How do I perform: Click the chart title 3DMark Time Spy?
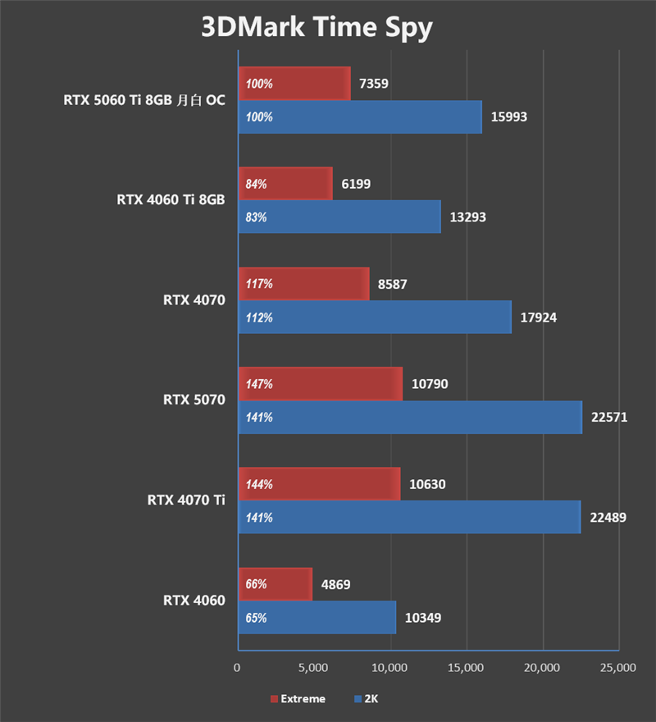point(317,27)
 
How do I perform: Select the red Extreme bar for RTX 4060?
point(275,584)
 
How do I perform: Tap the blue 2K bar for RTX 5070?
point(410,418)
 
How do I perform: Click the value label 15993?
point(508,117)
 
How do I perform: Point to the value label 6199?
point(355,184)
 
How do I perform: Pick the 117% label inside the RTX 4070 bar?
point(259,284)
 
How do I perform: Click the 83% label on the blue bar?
point(257,217)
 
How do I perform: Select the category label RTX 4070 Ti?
point(186,500)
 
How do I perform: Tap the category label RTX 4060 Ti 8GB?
point(171,199)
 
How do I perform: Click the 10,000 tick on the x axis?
point(389,669)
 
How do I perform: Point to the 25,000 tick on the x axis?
point(617,669)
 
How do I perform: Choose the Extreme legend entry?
point(298,699)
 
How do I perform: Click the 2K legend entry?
point(366,699)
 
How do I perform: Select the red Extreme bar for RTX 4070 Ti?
point(319,484)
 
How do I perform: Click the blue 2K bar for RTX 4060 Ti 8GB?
point(339,217)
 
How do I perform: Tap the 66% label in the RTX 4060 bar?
point(257,584)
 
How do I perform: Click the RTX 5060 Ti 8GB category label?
point(144,100)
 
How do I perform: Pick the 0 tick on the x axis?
point(237,669)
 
